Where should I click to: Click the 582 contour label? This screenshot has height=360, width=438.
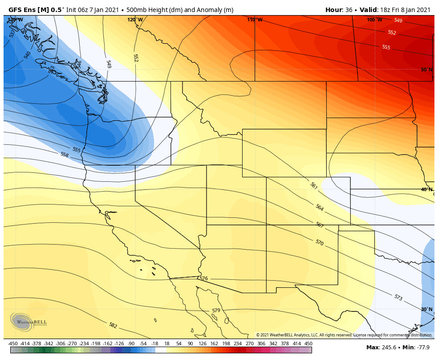(113, 325)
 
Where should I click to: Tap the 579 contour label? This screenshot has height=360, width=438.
(216, 311)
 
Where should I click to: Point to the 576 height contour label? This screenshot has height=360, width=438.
(203, 278)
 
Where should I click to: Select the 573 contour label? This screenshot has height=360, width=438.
(398, 297)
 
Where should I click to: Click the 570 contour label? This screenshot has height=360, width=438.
(319, 242)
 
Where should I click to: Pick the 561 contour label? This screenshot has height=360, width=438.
(313, 185)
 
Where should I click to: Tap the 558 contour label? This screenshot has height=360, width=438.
(65, 155)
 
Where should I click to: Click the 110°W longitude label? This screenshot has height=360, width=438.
(255, 20)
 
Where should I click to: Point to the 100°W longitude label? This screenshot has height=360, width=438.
(374, 20)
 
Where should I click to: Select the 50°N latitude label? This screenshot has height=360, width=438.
(426, 70)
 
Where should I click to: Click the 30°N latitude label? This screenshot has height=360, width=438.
(426, 309)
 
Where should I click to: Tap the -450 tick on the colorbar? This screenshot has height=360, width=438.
(13, 344)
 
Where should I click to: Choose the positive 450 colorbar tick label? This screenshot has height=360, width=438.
(308, 344)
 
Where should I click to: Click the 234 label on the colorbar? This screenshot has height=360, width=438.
(237, 344)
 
